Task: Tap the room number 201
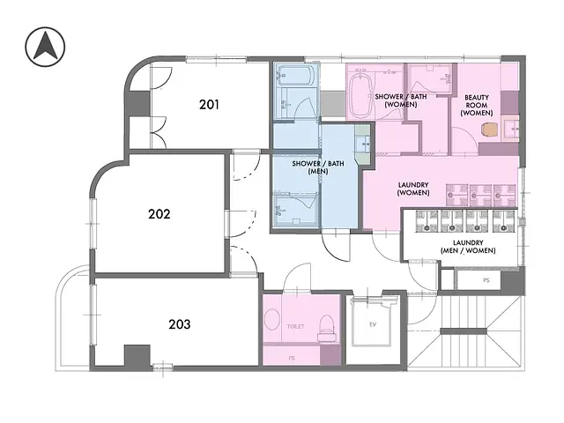(209, 105)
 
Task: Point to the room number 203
(179, 323)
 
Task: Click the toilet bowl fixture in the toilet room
(325, 323)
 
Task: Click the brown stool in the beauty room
(490, 128)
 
